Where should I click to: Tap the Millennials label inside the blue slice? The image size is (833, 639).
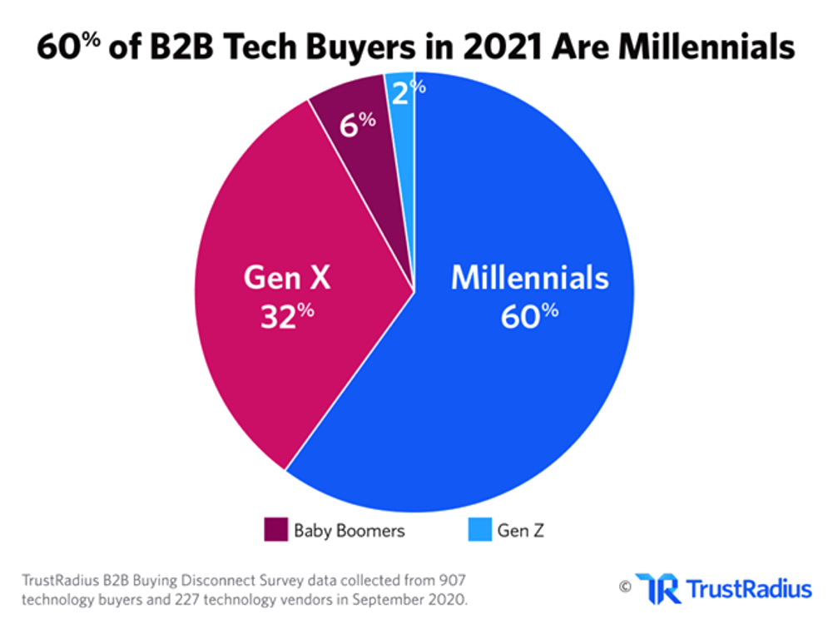pos(529,278)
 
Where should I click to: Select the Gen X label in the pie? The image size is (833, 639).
pos(286,278)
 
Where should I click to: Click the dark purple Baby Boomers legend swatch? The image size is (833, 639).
pos(275,529)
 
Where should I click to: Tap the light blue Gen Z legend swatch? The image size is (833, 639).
pos(479,529)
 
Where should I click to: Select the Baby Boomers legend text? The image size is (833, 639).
pos(349,530)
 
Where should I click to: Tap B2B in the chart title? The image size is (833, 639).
pos(177,48)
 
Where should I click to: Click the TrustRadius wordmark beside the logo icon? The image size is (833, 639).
pos(747,590)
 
